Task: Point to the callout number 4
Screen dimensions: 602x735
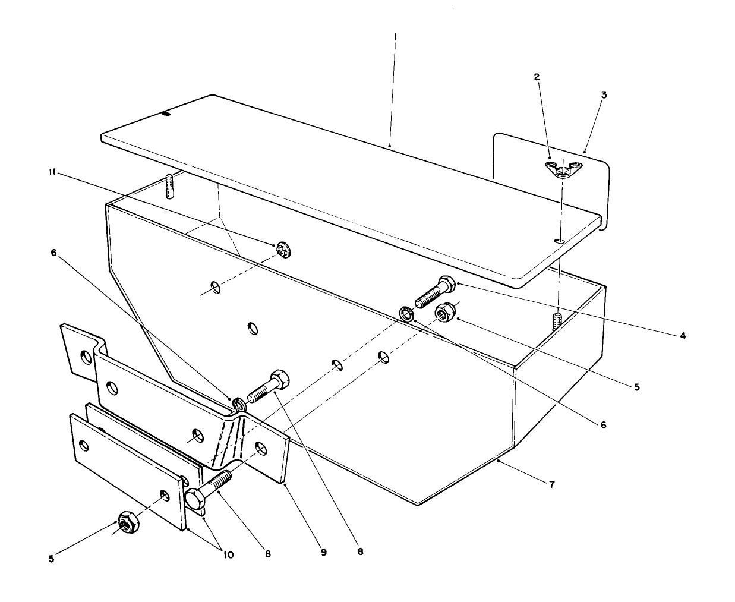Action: click(x=683, y=336)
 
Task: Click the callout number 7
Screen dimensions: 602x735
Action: click(x=552, y=484)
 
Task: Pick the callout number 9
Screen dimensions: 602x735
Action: click(x=324, y=553)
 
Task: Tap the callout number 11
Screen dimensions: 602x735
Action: click(x=53, y=172)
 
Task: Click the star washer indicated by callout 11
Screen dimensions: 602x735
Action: click(x=282, y=250)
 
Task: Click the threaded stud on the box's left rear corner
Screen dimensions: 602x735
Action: click(x=170, y=186)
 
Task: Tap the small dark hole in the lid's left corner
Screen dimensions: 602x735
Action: click(x=166, y=114)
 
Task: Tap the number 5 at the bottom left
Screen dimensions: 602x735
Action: click(x=52, y=559)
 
